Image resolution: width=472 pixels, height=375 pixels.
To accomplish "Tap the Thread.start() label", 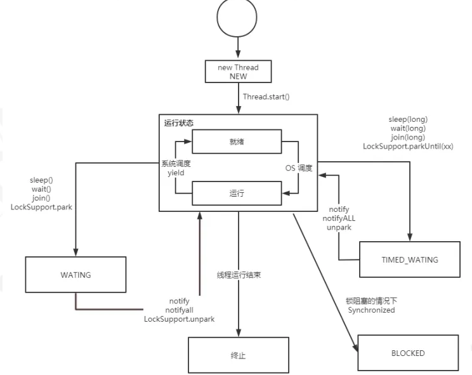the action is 266,96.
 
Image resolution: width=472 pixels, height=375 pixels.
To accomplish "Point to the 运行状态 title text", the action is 178,123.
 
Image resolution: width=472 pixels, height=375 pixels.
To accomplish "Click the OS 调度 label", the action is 299,168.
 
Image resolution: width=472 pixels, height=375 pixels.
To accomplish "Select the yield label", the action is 176,173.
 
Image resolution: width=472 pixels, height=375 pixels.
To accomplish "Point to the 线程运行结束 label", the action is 239,275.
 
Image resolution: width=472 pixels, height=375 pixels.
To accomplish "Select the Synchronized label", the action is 371,310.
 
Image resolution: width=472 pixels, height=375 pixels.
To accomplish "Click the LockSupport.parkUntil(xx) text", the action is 408,147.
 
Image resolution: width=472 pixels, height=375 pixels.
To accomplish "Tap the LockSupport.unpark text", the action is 179,319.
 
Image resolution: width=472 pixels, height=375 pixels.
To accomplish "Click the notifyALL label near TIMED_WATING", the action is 339,218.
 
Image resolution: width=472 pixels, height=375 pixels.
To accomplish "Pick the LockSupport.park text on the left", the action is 41,207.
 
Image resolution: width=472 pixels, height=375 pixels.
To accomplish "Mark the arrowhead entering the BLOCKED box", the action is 355,346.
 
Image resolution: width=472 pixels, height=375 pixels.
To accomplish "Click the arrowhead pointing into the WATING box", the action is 75,252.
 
